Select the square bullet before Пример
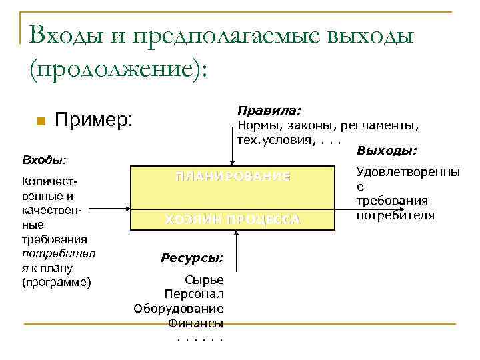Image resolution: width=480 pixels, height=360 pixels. pos(41,121)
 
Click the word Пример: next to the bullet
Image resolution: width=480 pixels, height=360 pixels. pos(94,120)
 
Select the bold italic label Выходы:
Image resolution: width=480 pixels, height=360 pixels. pos(387,151)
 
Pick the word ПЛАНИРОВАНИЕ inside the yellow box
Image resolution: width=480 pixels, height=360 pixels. pos(233,177)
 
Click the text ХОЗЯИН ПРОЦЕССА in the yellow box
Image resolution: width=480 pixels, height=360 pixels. pos(233,220)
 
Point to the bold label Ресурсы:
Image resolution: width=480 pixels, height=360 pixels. pos(192,258)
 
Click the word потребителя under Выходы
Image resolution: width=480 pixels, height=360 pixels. pos(395,215)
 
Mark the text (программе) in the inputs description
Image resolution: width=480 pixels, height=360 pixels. pos(56,283)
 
